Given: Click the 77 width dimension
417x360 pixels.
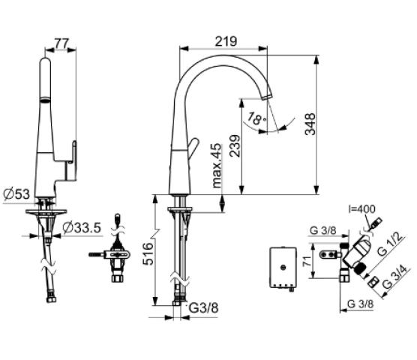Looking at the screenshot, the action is point(61,43).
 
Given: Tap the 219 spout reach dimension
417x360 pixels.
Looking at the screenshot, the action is point(226,41).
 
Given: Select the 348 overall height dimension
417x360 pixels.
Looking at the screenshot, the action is point(310,124).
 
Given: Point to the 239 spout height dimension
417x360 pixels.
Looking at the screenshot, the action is point(235,146).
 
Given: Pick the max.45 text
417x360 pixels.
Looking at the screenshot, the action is point(217,166).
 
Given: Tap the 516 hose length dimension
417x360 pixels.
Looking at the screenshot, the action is point(148,253).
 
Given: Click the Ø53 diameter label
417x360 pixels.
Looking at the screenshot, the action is point(16,194).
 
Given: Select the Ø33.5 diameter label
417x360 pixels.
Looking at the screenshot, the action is point(82,227).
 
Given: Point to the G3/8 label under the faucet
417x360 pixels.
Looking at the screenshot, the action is point(203,308).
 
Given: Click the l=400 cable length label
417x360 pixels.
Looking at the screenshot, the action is point(361,209).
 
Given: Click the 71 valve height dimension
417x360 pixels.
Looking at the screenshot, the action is point(307,261).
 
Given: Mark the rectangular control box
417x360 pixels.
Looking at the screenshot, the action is point(283,267).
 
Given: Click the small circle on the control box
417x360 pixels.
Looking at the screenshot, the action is point(283,267).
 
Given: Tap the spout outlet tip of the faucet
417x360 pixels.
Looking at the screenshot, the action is point(268,96).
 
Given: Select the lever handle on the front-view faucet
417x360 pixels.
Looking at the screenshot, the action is point(193,148).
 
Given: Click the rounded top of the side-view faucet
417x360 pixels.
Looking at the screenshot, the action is point(45,61).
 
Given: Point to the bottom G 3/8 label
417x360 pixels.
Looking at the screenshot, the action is point(360,304).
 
